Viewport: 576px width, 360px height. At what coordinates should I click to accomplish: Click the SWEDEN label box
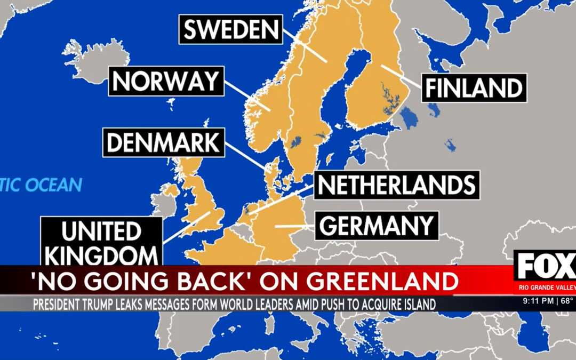pos(230,30)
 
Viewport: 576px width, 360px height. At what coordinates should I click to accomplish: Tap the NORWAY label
pos(166,82)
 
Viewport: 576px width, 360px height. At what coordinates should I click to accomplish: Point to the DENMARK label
pos(163,143)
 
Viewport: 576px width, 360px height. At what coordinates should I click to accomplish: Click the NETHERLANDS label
pos(396,185)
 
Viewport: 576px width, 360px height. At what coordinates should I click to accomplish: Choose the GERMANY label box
pos(377,226)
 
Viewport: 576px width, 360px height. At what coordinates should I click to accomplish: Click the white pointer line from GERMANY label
pos(293,226)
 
